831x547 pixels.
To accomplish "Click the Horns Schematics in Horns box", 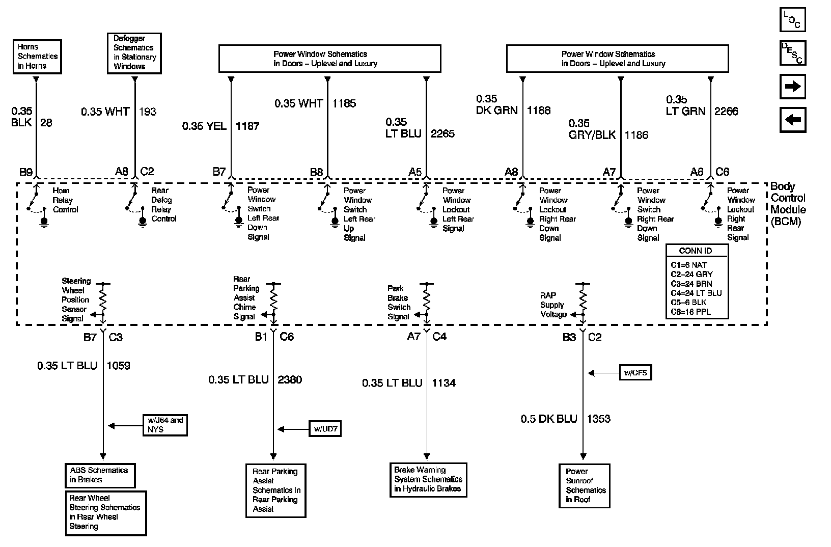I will click(37, 57).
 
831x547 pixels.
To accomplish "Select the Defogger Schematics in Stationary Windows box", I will click(134, 52).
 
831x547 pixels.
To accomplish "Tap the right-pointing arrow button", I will click(793, 86).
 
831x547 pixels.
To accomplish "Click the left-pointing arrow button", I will click(793, 120).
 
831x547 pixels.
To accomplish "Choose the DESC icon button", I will click(792, 52).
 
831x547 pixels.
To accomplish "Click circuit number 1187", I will click(247, 126).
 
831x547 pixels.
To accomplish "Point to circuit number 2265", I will click(442, 133).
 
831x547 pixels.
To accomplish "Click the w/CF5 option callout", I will click(635, 373).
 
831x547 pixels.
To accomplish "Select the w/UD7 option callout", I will click(325, 429).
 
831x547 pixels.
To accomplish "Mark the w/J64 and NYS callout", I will click(165, 425).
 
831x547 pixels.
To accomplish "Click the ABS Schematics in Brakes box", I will click(100, 475).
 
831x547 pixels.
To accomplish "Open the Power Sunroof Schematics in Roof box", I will click(584, 485).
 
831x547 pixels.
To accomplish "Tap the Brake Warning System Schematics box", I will click(428, 479).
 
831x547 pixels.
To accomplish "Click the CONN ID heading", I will click(696, 251).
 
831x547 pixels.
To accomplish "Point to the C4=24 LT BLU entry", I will click(696, 293).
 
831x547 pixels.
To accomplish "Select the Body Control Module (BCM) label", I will click(788, 204).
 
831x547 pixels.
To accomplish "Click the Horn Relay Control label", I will click(65, 200).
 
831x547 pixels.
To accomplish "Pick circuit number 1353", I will click(598, 419).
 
